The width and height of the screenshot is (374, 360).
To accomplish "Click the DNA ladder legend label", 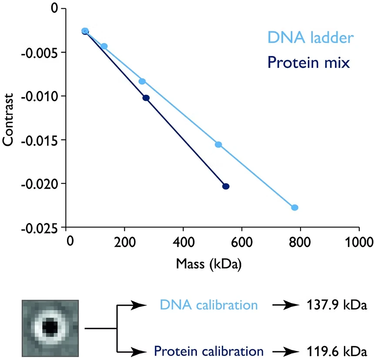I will point(310,38).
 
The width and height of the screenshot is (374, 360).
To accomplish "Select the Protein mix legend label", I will point(308,63).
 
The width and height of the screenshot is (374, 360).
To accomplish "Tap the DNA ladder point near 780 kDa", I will point(294,207).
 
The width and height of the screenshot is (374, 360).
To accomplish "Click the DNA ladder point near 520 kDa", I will point(218,144).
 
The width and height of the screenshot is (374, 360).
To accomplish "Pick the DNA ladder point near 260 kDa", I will point(142,81).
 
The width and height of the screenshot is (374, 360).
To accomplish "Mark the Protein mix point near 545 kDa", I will point(226,186).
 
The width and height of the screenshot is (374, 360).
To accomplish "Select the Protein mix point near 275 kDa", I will point(146,98).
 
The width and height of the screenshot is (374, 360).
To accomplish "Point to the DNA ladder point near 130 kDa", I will point(104,46).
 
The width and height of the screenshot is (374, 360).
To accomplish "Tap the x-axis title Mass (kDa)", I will point(209,263).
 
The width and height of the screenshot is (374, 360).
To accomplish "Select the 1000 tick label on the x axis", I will point(359,241).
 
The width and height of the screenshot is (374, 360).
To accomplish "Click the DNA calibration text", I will point(208,305).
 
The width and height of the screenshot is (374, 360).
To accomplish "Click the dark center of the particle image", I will point(50,327).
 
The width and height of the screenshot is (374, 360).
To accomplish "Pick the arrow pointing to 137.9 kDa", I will point(283,305).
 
